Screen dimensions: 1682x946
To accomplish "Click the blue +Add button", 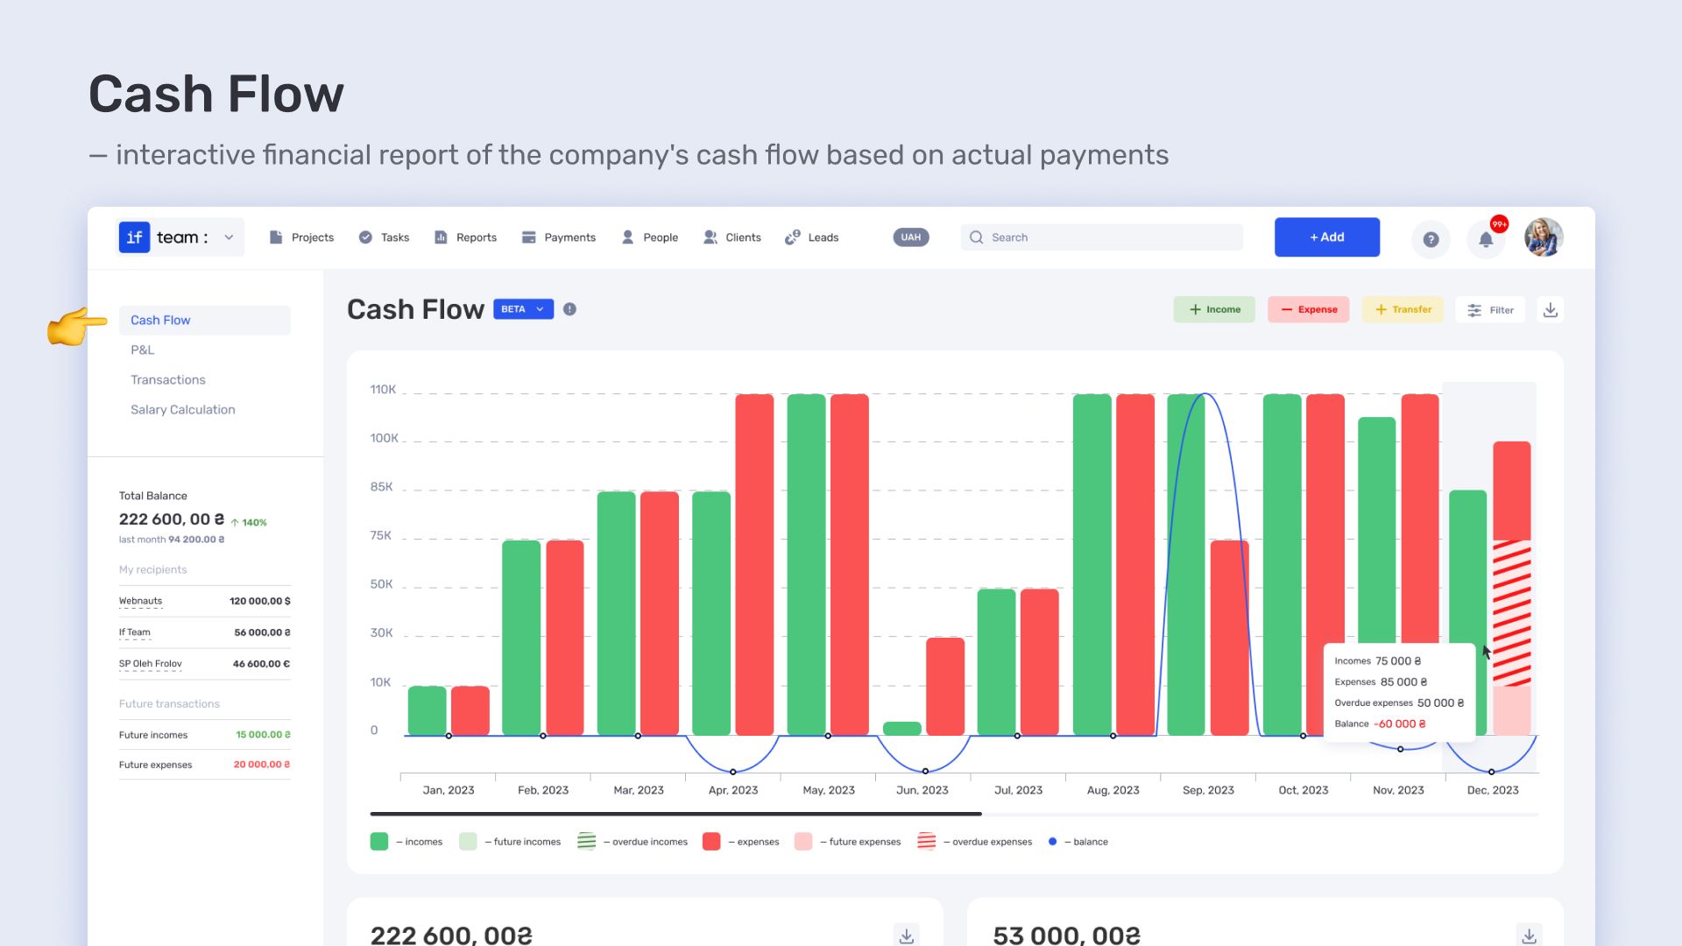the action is click(1326, 237).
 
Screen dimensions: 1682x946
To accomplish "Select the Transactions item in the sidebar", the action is click(168, 379).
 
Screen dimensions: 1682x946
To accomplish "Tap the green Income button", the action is click(1214, 309).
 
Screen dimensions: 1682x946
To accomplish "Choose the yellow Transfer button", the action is click(1403, 309).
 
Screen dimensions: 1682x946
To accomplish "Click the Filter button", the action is click(1490, 309).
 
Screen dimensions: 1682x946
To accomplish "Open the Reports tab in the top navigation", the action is click(465, 237).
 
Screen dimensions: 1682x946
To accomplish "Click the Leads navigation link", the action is click(812, 237).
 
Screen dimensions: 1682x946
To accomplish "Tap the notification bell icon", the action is click(1486, 239).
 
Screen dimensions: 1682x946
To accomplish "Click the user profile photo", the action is click(1544, 237).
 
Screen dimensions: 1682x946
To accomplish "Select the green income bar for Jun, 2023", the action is click(901, 729).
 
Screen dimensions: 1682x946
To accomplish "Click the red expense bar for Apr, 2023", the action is click(754, 565).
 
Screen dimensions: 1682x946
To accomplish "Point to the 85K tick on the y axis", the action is click(382, 487).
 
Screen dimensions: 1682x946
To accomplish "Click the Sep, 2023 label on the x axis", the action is click(1208, 790).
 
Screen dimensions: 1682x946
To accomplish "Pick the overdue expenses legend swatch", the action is click(926, 842).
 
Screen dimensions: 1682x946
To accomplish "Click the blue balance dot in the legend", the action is click(1052, 842).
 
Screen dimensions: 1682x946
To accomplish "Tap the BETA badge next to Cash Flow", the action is click(523, 309).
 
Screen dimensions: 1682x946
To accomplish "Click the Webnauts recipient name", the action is click(140, 601).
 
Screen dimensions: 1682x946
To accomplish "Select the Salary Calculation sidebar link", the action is click(182, 409).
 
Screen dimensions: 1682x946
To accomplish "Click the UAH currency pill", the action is click(911, 237).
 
